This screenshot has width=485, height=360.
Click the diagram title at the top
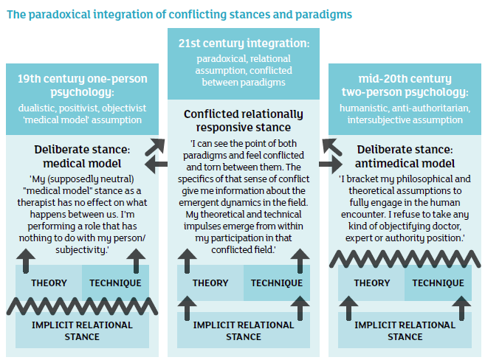tap(179, 13)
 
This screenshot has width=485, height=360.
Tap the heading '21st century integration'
tap(242, 45)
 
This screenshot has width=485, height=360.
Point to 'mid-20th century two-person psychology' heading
tap(404, 86)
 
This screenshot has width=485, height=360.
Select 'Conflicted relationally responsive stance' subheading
tap(243, 120)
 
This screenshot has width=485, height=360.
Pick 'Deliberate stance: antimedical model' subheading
tap(404, 156)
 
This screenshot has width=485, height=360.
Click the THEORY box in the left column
tap(49, 283)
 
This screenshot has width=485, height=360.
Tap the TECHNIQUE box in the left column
tap(115, 283)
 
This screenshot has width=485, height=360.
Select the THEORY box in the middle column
tap(210, 283)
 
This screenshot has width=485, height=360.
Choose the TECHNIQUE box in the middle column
tap(276, 283)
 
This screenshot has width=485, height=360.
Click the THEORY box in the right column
tap(371, 283)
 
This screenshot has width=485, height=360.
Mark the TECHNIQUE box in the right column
tap(438, 283)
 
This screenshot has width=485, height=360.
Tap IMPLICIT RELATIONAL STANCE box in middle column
tap(243, 330)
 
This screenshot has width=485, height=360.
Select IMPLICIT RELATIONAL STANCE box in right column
tap(404, 330)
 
